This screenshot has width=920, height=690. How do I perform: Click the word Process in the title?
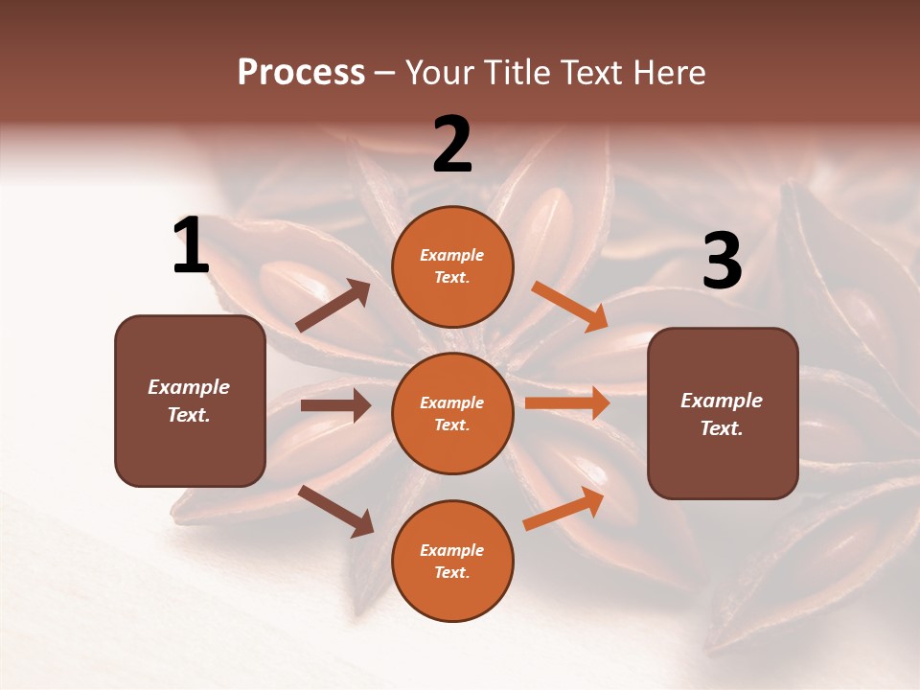coord(301,73)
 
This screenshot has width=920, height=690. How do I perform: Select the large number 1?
coord(191,246)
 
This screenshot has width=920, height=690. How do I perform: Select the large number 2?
coord(452,146)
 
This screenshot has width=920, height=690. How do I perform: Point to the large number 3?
coord(722,261)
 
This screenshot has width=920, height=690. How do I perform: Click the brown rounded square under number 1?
coord(190,401)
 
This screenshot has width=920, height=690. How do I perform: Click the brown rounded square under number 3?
coord(723,414)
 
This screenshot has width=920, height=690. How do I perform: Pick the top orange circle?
coord(452,266)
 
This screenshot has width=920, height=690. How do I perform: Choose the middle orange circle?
coord(452,413)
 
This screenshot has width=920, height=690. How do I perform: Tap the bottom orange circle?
coord(452,561)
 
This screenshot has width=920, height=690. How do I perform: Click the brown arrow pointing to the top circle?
coord(333,306)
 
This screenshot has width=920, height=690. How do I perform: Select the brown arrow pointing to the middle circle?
coord(335,405)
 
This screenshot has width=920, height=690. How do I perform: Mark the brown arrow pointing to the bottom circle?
coord(336,511)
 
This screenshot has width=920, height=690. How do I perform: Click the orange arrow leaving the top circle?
coord(569,307)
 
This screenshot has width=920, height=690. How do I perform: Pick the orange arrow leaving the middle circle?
coord(567,403)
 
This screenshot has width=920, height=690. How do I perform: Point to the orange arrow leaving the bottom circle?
coord(564,509)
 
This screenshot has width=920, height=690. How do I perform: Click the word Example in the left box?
coord(189,387)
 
